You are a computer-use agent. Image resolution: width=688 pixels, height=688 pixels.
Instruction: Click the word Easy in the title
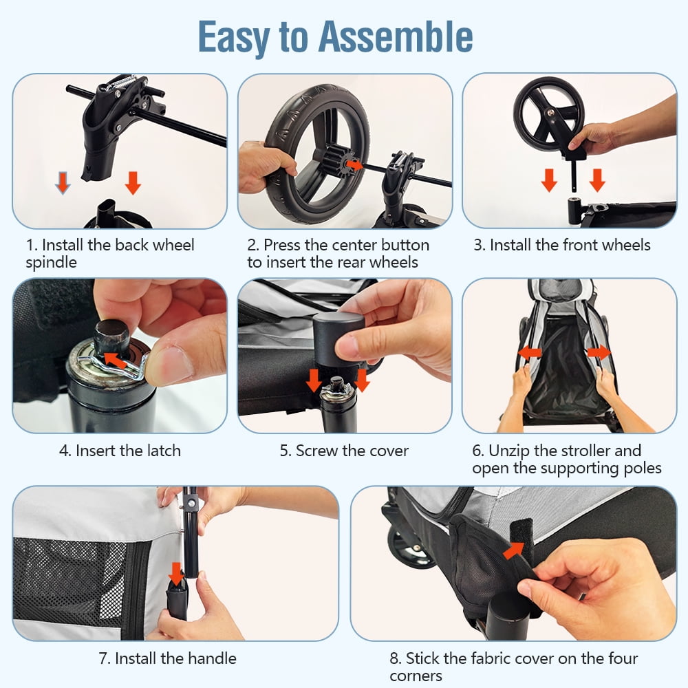(x=234, y=38)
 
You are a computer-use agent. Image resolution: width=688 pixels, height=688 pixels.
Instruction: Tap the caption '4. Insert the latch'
(x=120, y=451)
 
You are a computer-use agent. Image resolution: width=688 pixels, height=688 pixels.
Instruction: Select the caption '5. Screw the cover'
(x=344, y=451)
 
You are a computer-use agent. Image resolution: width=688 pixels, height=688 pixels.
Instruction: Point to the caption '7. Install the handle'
(x=168, y=658)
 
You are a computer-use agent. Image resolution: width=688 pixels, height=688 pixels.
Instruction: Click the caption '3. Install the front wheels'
(x=562, y=245)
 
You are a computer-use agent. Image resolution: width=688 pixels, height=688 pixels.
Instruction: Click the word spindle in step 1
(x=51, y=263)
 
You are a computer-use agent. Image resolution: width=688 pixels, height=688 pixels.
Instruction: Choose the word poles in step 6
(x=643, y=468)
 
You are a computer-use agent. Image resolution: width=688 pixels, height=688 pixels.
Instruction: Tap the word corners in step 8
(x=416, y=676)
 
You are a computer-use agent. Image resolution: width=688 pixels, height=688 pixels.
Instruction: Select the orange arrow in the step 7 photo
(x=176, y=574)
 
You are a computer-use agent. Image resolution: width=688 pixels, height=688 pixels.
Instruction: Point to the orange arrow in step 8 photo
(x=514, y=550)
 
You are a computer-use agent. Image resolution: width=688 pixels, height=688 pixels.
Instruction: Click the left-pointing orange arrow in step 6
(x=530, y=352)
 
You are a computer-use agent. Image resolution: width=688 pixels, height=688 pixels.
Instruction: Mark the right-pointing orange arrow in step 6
(x=599, y=352)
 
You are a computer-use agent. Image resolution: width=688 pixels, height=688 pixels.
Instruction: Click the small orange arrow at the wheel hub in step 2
(x=354, y=165)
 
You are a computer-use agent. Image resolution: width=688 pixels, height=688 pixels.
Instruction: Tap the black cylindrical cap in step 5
(x=338, y=338)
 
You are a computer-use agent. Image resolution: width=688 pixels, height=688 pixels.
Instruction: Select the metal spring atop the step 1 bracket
(x=122, y=82)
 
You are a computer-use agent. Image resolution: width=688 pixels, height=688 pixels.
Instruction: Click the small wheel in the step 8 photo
(x=407, y=547)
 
